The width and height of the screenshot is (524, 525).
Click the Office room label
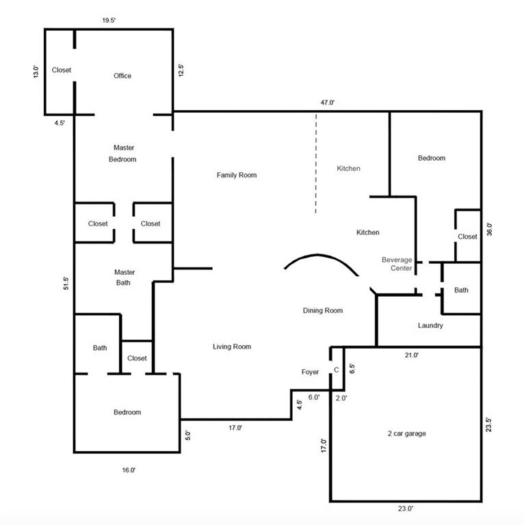tap(122, 76)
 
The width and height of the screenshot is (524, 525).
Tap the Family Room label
tap(237, 175)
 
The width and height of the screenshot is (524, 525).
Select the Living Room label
tap(232, 347)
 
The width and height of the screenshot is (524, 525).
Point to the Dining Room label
tap(323, 311)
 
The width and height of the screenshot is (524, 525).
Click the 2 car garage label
tap(407, 433)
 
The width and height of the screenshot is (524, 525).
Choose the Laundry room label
tap(430, 325)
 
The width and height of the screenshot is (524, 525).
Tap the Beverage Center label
tap(397, 264)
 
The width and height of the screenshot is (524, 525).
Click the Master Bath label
tap(125, 278)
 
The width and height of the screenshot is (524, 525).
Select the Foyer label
tap(310, 372)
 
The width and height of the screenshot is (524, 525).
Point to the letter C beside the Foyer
tap(337, 370)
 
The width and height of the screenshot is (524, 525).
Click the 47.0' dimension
tap(328, 103)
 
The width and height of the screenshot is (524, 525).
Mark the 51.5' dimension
tap(66, 283)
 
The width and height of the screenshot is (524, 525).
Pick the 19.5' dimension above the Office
tap(109, 21)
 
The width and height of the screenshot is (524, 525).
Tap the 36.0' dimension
tap(490, 230)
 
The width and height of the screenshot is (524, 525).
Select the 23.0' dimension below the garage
tap(406, 509)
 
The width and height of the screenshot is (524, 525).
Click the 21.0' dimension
tap(411, 355)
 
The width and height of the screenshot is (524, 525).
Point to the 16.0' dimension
tap(129, 470)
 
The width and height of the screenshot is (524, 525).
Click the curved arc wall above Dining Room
tap(318, 255)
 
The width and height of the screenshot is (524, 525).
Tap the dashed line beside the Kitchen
tap(315, 163)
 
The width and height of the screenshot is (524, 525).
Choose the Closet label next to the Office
tap(62, 70)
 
